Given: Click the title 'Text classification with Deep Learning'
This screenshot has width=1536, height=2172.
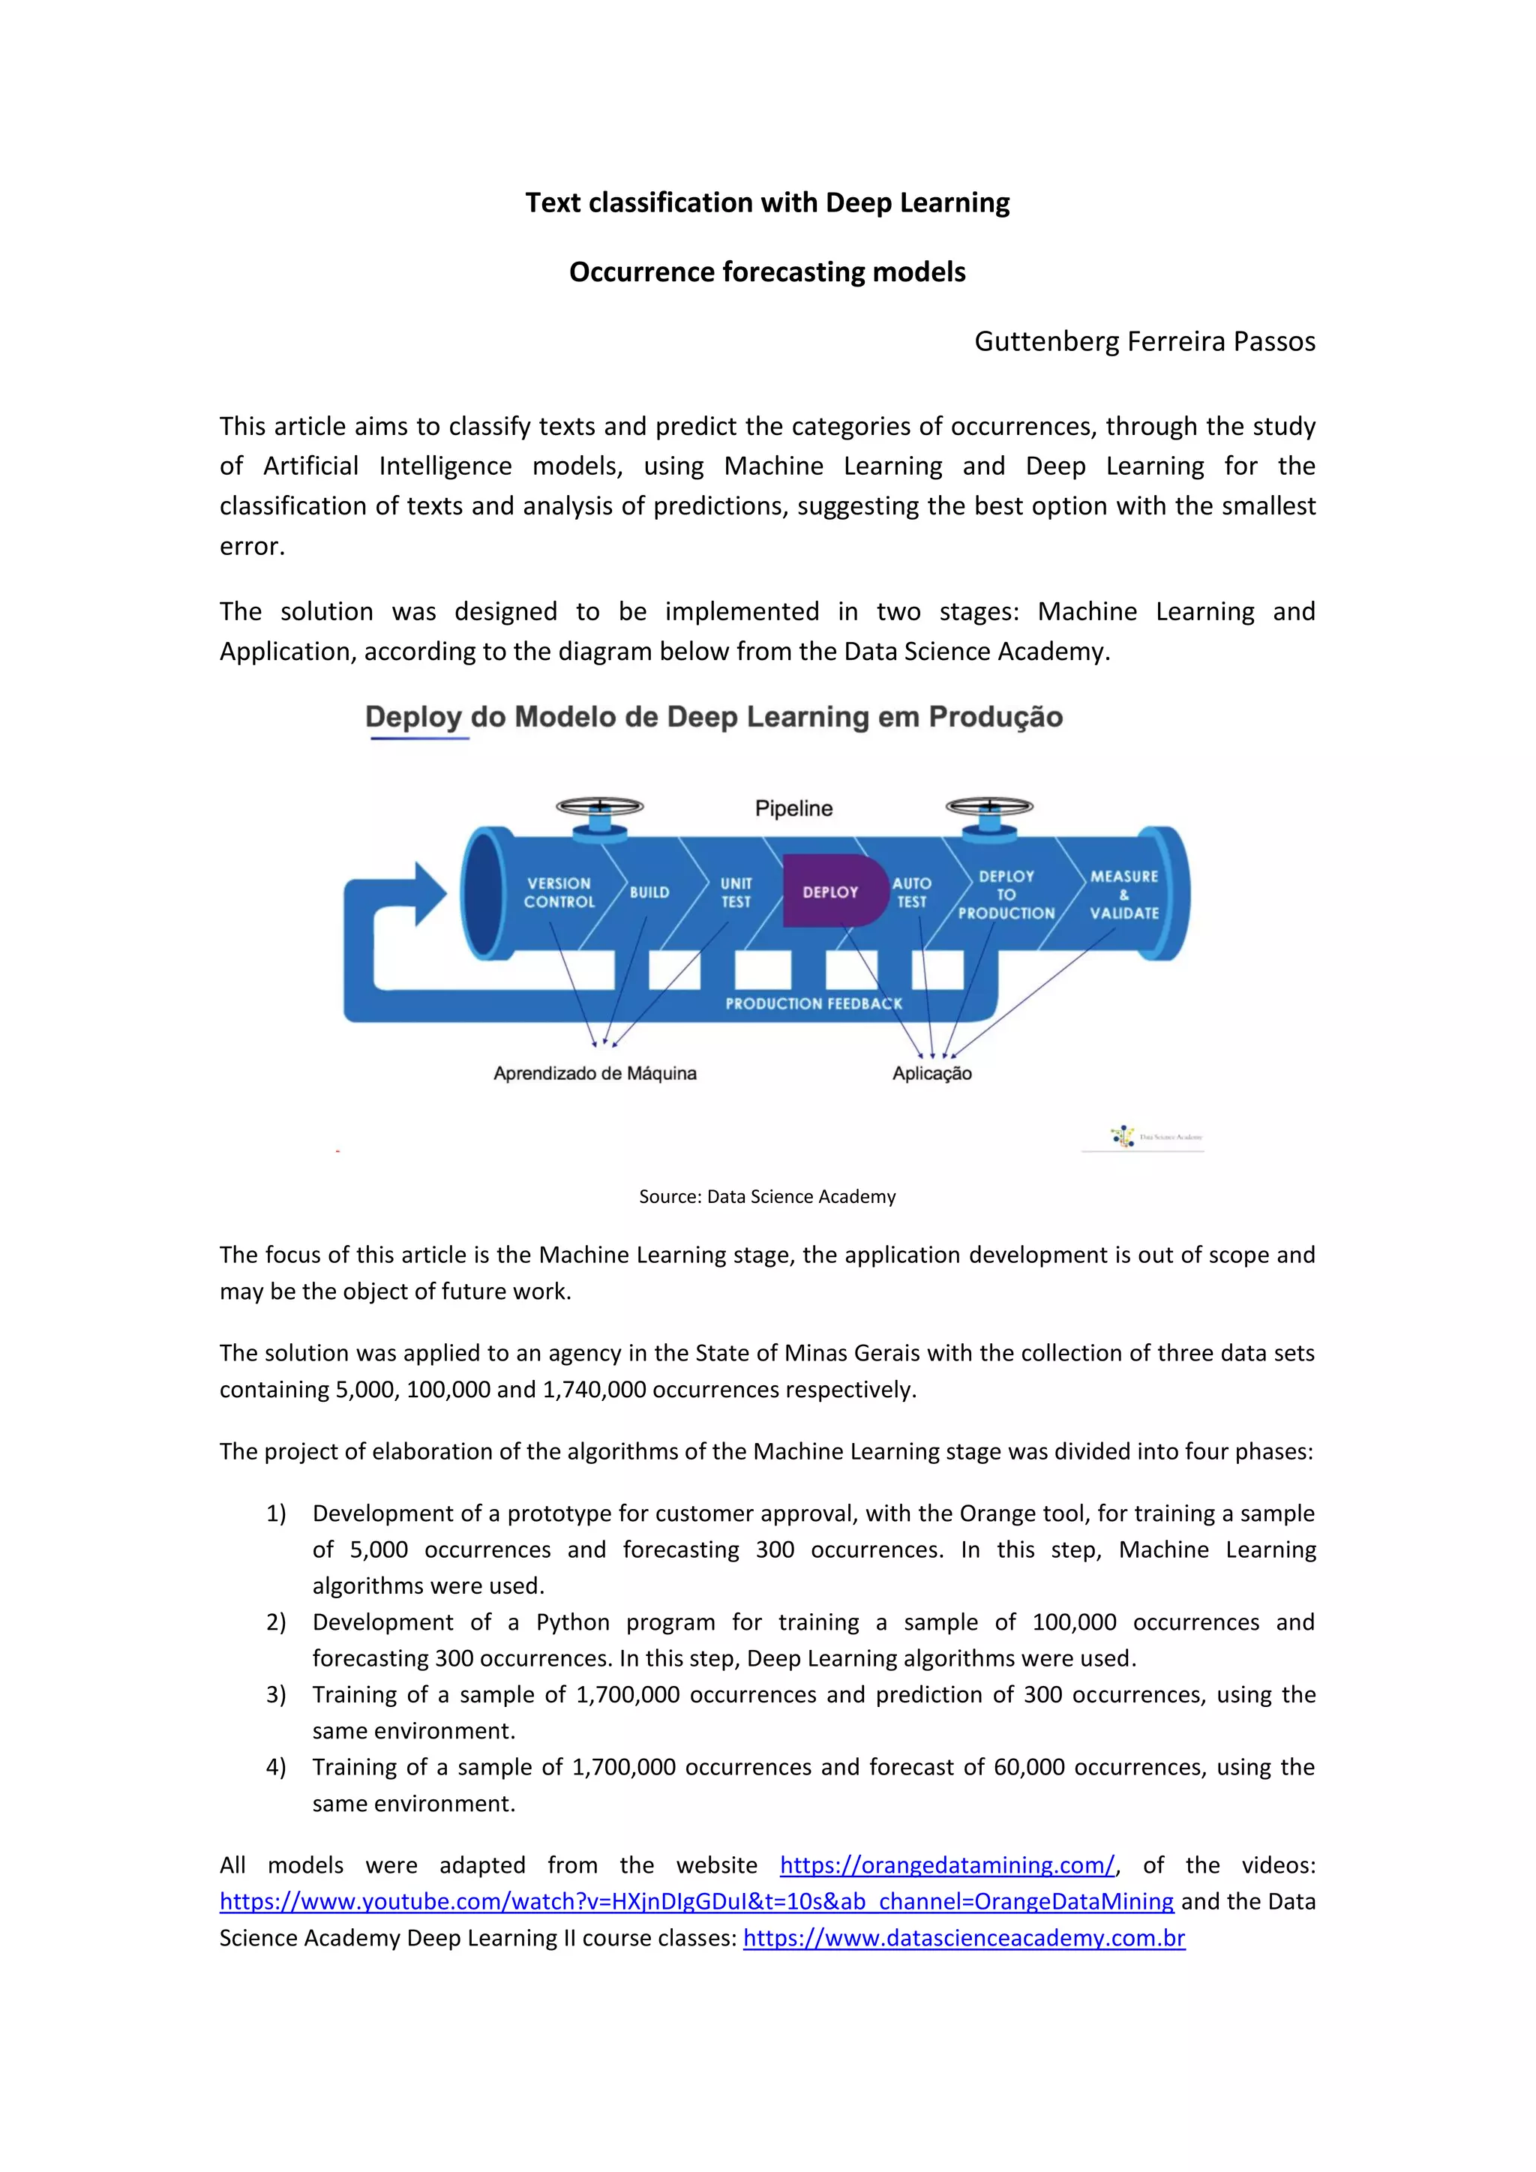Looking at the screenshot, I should click(x=767, y=202).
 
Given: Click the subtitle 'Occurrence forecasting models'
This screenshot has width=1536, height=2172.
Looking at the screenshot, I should click(x=767, y=272).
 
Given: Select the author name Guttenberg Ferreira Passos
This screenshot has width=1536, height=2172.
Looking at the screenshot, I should click(x=1144, y=341).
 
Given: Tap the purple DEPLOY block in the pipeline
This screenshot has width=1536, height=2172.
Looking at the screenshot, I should click(x=830, y=892).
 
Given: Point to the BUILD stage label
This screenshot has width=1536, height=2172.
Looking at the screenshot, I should click(x=649, y=892).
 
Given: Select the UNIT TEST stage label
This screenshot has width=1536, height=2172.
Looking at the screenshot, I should click(x=736, y=892).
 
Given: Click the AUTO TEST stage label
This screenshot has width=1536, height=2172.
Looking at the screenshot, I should click(x=912, y=892).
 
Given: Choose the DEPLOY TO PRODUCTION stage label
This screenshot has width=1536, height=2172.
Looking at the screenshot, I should click(x=1006, y=894).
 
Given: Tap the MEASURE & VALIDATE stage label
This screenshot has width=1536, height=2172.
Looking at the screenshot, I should click(x=1124, y=894).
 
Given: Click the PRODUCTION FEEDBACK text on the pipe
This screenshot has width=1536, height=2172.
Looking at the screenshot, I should click(x=814, y=1003).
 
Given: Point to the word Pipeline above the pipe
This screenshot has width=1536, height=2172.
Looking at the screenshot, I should click(x=793, y=808).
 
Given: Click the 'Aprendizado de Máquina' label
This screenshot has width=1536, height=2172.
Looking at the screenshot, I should click(x=595, y=1074).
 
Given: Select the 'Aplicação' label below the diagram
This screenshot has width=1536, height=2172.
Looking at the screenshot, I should click(x=931, y=1074).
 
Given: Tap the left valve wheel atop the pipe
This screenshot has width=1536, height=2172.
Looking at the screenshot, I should click(x=600, y=807).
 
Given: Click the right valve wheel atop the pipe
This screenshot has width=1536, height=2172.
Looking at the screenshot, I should click(x=989, y=807).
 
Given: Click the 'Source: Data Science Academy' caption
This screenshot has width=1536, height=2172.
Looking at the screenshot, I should click(x=767, y=1197).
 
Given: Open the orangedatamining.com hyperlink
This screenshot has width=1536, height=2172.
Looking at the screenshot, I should click(x=946, y=1865).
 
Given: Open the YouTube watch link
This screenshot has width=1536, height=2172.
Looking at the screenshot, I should click(x=696, y=1901).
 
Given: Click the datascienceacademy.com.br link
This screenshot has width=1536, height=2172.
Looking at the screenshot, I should click(x=964, y=1938).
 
